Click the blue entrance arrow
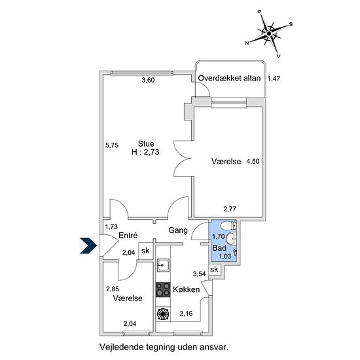[x=88, y=245]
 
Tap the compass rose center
[x=269, y=34]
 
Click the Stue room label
[x=146, y=144]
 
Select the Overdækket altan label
[x=229, y=79]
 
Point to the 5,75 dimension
[x=112, y=145]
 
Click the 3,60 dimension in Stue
[x=148, y=80]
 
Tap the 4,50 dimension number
[x=253, y=161]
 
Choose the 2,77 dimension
[x=230, y=209]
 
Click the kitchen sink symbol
[x=163, y=265]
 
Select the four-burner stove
[x=163, y=290]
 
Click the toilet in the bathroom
[x=228, y=226]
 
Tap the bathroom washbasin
[x=231, y=239]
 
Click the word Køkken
[x=186, y=289]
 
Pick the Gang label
[x=178, y=230]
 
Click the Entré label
[x=128, y=235]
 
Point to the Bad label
[x=219, y=248]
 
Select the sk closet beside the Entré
[x=145, y=251]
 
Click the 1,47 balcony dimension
[x=274, y=79]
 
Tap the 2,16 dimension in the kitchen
[x=186, y=314]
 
